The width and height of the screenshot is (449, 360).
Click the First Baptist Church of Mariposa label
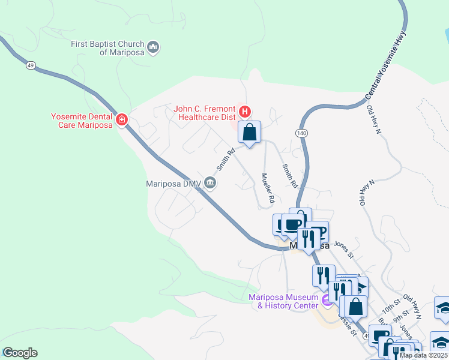pyautogui.click(x=107, y=48)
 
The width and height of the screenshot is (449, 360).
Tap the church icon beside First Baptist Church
pyautogui.click(x=154, y=47)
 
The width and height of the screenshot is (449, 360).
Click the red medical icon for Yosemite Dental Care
pyautogui.click(x=122, y=120)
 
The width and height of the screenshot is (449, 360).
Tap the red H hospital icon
pyautogui.click(x=245, y=111)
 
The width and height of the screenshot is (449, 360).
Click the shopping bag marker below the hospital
pyautogui.click(x=250, y=132)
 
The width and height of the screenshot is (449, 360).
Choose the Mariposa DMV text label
pyautogui.click(x=173, y=184)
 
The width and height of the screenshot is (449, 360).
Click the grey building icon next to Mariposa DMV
pyautogui.click(x=209, y=182)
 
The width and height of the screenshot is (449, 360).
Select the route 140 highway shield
pyautogui.click(x=301, y=132)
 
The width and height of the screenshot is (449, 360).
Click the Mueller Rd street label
pyautogui.click(x=268, y=187)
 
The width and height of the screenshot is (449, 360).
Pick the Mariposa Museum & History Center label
pyautogui.click(x=283, y=301)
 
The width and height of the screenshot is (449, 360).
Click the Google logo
pyautogui.click(x=20, y=353)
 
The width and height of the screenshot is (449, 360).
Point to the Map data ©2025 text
pyautogui.click(x=424, y=355)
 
